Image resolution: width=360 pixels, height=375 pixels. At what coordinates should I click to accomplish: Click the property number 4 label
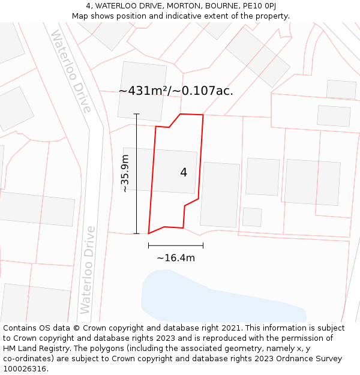point(184,173)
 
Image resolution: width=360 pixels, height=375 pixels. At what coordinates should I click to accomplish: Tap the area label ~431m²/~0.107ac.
point(176,91)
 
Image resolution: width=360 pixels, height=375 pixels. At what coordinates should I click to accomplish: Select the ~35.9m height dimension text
point(125,173)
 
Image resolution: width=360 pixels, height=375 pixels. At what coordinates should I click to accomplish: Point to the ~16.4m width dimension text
point(176,258)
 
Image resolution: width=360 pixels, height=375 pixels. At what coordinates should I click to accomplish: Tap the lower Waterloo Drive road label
point(88,269)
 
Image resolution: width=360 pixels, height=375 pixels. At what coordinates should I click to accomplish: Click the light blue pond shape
point(216,297)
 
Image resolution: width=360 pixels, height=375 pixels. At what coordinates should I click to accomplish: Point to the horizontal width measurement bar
point(176,245)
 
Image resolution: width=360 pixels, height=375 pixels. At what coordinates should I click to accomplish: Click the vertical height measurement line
point(136,173)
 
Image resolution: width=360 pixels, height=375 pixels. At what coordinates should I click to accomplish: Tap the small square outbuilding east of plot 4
point(252,217)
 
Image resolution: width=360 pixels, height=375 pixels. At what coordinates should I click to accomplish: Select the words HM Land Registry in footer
point(35,349)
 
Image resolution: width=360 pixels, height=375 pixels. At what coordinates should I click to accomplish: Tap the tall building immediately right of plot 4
point(220,194)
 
